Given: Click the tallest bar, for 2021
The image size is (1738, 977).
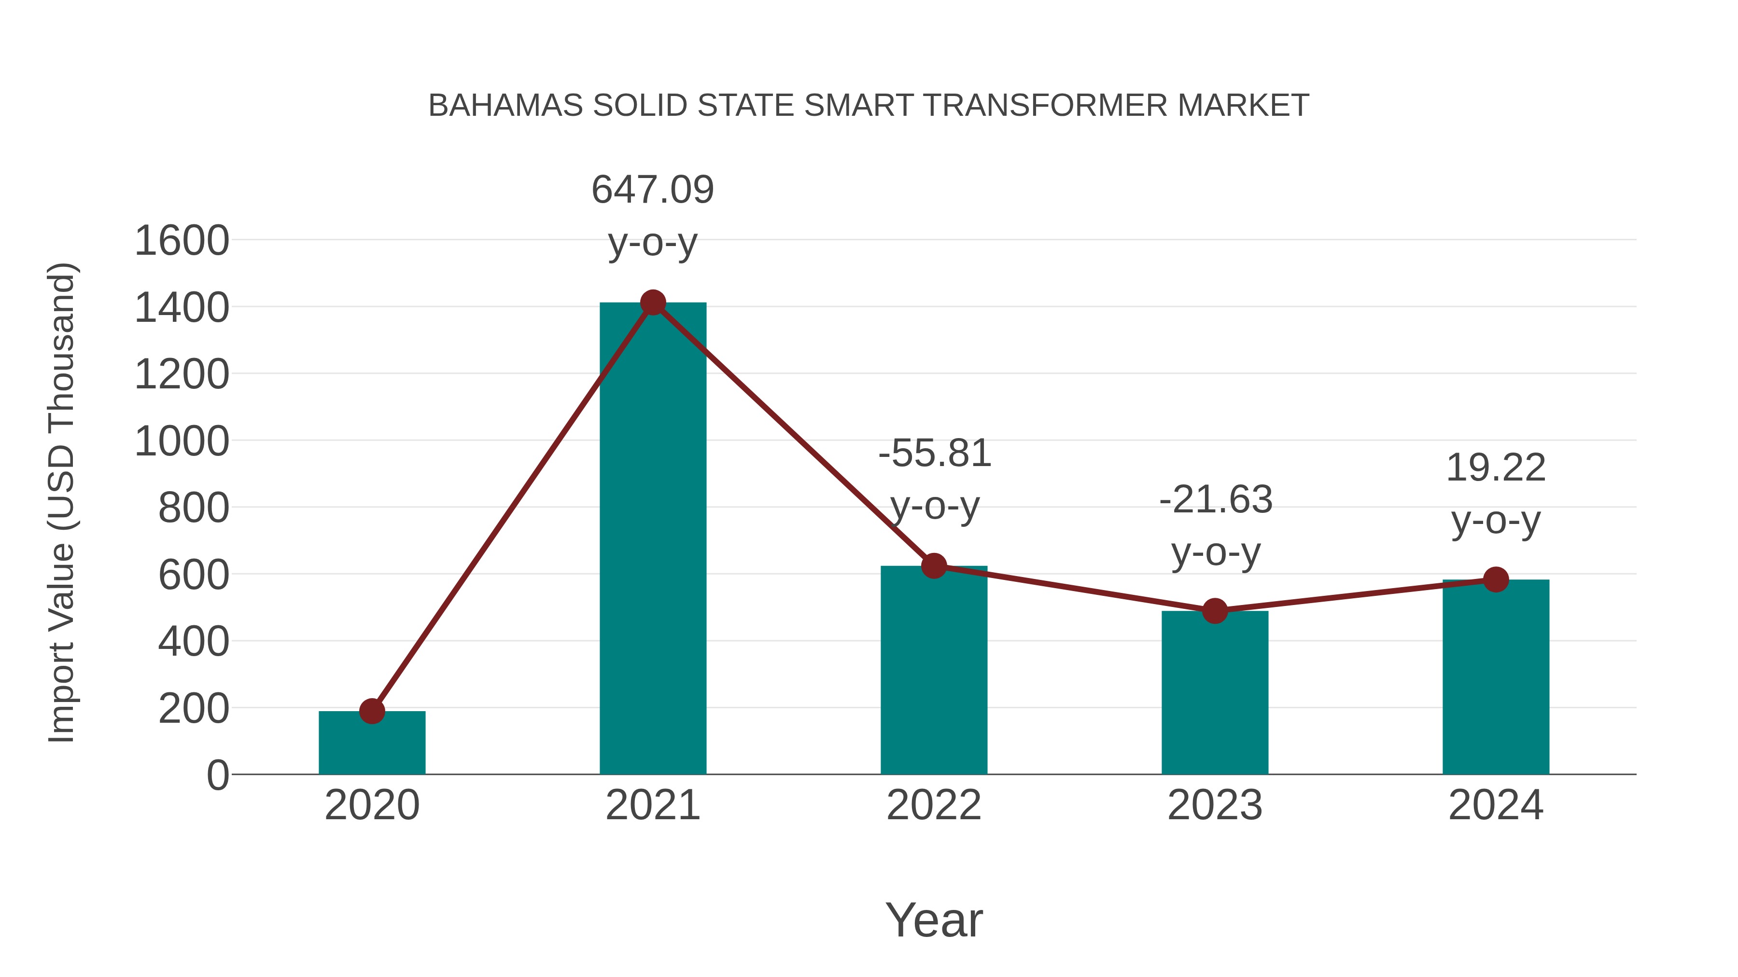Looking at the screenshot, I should click(x=652, y=539).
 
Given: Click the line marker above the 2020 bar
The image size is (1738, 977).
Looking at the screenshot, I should click(x=372, y=711).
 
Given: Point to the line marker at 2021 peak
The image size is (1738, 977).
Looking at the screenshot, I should click(x=652, y=303).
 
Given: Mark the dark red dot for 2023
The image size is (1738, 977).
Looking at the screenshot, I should click(x=1215, y=611).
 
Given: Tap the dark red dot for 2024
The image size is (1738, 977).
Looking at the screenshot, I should click(x=1496, y=579).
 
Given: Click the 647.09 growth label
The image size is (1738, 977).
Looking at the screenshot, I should click(x=652, y=190).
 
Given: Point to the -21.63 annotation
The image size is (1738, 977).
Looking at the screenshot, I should click(x=1215, y=500).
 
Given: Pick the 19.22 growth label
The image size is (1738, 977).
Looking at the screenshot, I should click(x=1496, y=468).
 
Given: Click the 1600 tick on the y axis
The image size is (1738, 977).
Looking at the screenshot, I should click(x=182, y=241).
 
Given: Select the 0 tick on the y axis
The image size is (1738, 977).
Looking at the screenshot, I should click(x=217, y=775).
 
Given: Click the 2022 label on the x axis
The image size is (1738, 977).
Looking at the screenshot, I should click(x=934, y=805).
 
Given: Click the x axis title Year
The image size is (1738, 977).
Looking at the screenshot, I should click(x=934, y=921).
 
